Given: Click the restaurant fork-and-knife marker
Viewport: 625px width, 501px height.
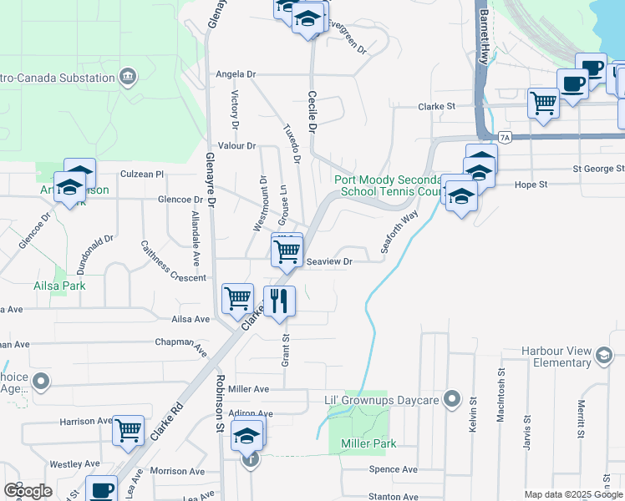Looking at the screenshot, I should [x=279, y=301].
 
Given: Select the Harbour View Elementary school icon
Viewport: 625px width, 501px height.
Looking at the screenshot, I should [x=602, y=357].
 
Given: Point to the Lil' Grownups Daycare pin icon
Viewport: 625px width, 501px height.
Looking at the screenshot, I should [x=452, y=400].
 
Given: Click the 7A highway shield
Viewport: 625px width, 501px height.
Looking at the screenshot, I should [x=503, y=136].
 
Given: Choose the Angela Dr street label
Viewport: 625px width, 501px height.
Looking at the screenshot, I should [x=235, y=73].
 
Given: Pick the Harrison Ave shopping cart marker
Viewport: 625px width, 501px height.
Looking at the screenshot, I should [x=129, y=431].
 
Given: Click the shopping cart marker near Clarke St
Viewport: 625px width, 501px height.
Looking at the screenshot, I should [x=544, y=104].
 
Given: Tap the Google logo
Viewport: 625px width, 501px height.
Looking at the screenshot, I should [x=28, y=490].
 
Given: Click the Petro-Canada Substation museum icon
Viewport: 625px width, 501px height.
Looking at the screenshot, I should [x=128, y=78].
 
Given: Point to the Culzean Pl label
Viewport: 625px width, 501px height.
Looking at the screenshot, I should [x=142, y=174].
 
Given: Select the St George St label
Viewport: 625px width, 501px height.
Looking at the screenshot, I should [x=598, y=168].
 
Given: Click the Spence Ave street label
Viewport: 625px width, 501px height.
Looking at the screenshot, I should [x=393, y=469].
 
